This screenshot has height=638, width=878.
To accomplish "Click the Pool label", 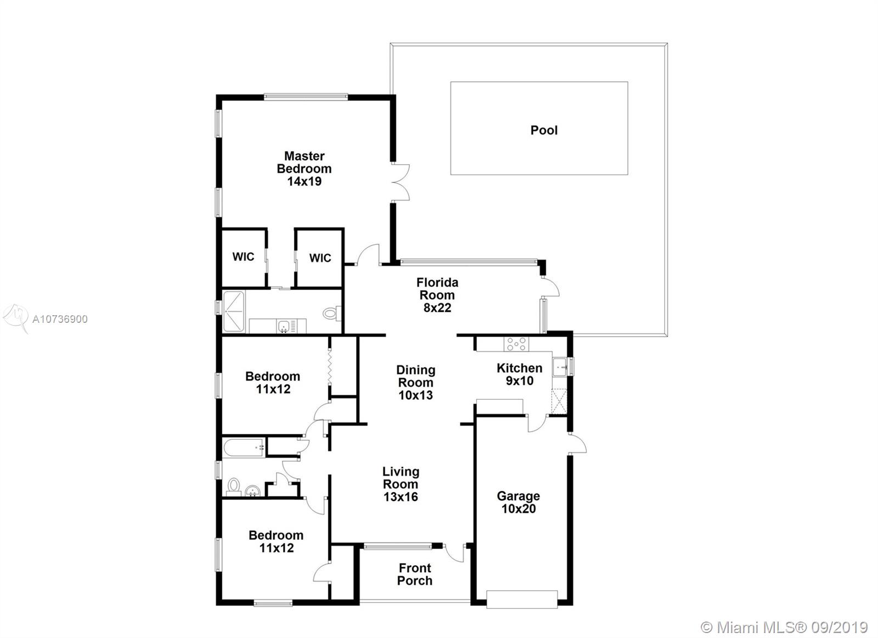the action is click(x=544, y=130).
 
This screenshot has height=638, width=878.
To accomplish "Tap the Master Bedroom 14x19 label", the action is click(x=304, y=169).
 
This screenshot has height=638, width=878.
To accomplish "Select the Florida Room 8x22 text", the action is click(x=437, y=295).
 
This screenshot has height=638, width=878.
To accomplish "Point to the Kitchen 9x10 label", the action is click(x=519, y=374).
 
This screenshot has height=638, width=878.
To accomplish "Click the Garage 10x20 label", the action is click(x=518, y=502).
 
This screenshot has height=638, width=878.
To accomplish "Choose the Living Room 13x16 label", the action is click(x=401, y=484).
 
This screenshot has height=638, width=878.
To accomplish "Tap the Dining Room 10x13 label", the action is click(x=415, y=382).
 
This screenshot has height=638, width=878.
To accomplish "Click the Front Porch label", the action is click(x=415, y=574).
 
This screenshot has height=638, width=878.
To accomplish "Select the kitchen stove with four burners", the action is click(x=516, y=344).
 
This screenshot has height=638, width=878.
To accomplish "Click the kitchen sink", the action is click(x=560, y=367).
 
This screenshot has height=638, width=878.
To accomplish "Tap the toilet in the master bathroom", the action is click(x=331, y=314).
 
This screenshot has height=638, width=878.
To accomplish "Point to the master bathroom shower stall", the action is click(x=234, y=312).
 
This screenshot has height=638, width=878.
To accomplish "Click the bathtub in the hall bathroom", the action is click(x=244, y=447).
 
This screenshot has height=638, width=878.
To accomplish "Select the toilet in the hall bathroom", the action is click(x=234, y=486).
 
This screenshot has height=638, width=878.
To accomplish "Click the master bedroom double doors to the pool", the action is click(x=401, y=183).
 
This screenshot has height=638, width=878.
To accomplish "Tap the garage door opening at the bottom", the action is click(x=522, y=599).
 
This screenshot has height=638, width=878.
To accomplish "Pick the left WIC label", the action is click(x=243, y=257).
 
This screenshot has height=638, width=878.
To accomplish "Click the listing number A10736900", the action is click(x=60, y=319).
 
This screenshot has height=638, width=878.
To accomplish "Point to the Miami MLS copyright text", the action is click(x=784, y=628).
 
